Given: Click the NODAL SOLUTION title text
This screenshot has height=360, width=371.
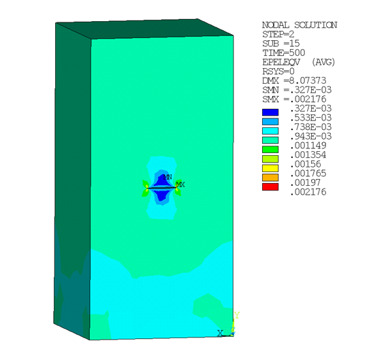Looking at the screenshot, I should coord(300,25).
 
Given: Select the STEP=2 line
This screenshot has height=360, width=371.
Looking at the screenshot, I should coord(278,34).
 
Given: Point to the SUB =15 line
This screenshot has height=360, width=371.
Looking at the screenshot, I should coord(280,43).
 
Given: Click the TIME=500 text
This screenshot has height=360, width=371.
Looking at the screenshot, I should coord(283,52).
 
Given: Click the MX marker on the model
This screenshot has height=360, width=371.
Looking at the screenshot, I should coord(180,184).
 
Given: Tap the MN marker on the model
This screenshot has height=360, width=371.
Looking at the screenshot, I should coord(167,178).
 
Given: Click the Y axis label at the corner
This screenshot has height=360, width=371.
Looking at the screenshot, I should coord(236,315).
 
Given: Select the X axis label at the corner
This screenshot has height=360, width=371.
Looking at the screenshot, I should coord(220,333).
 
